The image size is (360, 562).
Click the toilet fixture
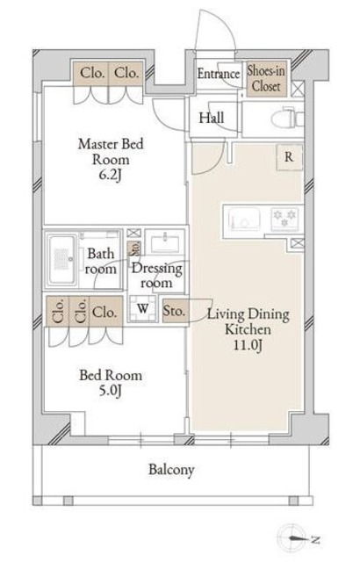tap(287, 118)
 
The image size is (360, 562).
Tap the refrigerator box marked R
tap(289, 157)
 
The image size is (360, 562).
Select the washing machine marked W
tap(143, 308)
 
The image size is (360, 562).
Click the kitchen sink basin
tap(244, 220)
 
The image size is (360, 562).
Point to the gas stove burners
tap(285, 218)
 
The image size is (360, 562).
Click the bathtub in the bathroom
tap(62, 260)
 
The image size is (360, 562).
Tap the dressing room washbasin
tap(165, 242)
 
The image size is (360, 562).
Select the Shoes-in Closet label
tap(266, 78)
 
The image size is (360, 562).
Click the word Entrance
tap(218, 74)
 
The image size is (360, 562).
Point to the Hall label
tap(212, 118)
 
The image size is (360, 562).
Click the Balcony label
tap(171, 470)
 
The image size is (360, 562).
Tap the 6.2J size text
tap(111, 176)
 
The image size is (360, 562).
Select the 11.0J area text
tap(248, 345)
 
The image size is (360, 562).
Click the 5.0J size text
tap(111, 391)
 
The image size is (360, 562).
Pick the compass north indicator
tap(298, 538)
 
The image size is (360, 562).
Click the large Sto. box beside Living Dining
tap(175, 310)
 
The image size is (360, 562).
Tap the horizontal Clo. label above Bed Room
tap(104, 313)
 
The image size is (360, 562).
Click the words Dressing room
tap(156, 276)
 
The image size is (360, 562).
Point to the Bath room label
tap(101, 262)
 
